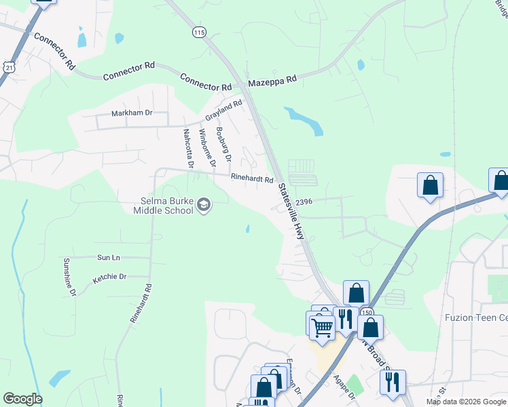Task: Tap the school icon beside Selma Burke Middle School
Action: (203, 205)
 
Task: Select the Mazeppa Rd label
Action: (272, 80)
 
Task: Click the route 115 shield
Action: (198, 33)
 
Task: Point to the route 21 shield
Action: (8, 66)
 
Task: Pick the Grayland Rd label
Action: (223, 112)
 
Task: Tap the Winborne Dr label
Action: (207, 147)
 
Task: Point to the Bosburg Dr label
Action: (223, 144)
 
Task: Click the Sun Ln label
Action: (108, 258)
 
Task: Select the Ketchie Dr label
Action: (109, 277)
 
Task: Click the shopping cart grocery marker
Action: (322, 328)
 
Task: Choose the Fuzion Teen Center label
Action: (475, 317)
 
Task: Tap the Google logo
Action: (22, 399)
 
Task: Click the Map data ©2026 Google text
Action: (466, 402)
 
